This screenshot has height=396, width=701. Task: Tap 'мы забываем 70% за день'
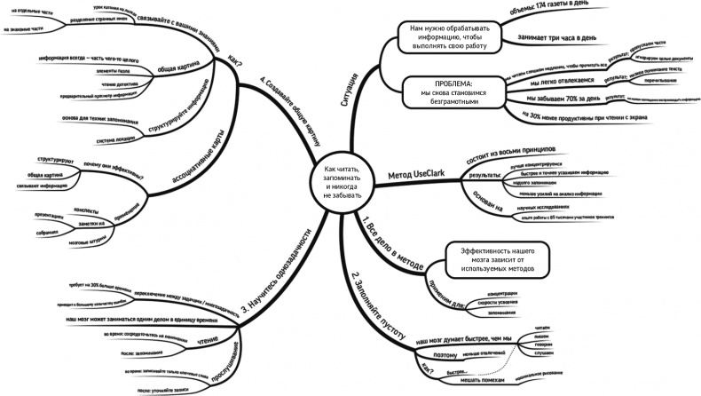tap(568, 98)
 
